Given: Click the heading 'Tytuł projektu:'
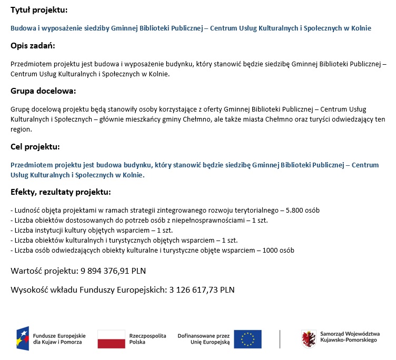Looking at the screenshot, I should [x=39, y=10].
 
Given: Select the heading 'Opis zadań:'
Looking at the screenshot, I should [x=33, y=46].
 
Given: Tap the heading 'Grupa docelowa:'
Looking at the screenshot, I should [x=43, y=91].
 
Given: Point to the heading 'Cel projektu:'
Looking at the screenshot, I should [x=35, y=146].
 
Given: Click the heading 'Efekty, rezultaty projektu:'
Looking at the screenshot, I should [x=61, y=192].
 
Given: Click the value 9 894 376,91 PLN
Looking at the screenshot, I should [x=113, y=271].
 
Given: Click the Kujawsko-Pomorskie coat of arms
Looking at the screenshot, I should [x=309, y=338].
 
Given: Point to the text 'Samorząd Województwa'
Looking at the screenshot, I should [x=350, y=334].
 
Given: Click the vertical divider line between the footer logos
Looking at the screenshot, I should [x=280, y=339].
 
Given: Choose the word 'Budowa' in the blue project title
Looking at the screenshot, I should [x=22, y=28].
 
